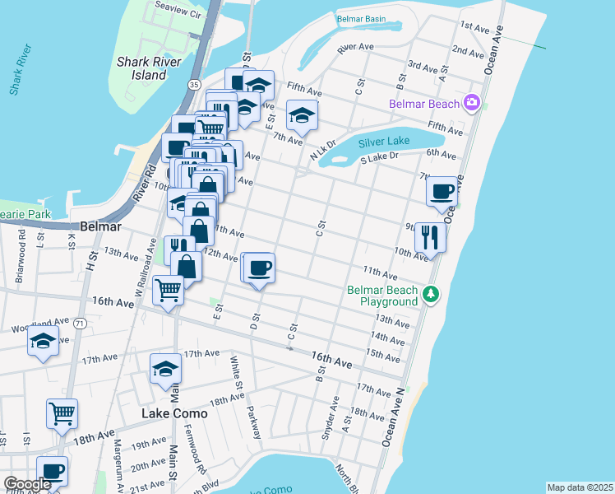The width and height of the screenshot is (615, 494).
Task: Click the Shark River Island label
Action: (x=155, y=68)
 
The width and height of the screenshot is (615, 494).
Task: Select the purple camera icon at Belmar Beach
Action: (x=472, y=103)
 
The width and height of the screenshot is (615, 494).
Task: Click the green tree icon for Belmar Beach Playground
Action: (x=431, y=294)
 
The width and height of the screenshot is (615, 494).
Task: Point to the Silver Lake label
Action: (x=384, y=142)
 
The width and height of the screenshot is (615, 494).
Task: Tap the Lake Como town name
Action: (x=174, y=413)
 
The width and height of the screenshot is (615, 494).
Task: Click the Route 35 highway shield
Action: (x=193, y=84)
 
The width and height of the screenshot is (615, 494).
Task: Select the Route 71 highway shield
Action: (x=79, y=324)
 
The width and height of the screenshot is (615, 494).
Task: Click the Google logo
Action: (x=26, y=484)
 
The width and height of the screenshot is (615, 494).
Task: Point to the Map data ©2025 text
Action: (x=579, y=487)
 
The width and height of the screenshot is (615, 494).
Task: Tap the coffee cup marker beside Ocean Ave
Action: (x=442, y=191)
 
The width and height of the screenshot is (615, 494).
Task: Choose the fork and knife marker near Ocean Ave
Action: (x=430, y=237)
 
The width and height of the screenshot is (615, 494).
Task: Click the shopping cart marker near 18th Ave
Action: (x=62, y=413)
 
